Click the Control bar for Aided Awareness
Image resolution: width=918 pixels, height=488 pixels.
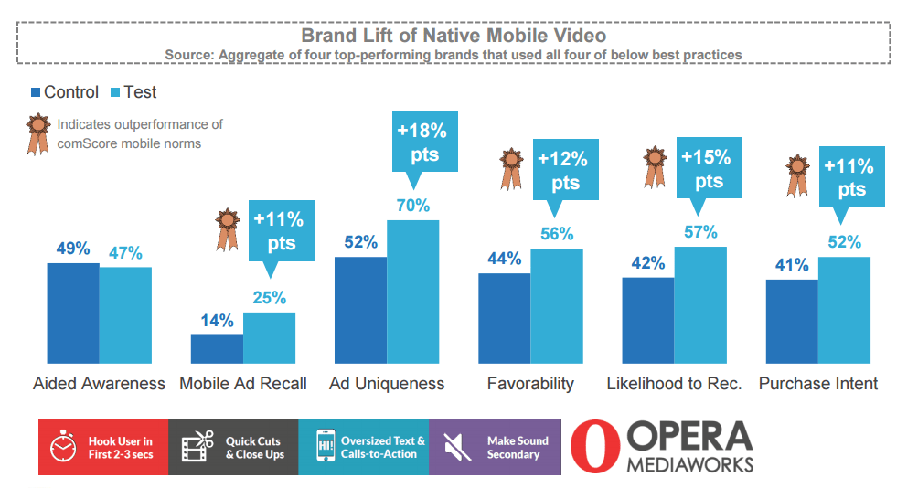73,313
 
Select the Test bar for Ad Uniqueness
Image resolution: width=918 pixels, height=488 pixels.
412,292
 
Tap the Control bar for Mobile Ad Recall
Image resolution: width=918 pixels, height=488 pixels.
217,349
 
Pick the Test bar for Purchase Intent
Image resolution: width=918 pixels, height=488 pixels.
844,311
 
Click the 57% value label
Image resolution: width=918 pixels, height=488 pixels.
700,232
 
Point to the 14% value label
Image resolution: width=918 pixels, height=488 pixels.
218,321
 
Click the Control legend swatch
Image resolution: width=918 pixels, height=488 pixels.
36,92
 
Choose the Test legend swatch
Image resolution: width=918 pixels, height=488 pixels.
115,92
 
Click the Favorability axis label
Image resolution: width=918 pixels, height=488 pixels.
530,383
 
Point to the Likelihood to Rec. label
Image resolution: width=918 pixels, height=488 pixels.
674,383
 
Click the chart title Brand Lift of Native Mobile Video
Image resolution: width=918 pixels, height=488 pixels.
454,36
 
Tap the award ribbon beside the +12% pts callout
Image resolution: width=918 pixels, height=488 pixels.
510,170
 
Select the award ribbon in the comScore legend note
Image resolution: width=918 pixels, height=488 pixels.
37,133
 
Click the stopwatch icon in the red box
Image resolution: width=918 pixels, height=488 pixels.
62,447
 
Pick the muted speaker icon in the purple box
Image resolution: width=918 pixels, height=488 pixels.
453,447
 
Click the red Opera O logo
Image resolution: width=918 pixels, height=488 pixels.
593,447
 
